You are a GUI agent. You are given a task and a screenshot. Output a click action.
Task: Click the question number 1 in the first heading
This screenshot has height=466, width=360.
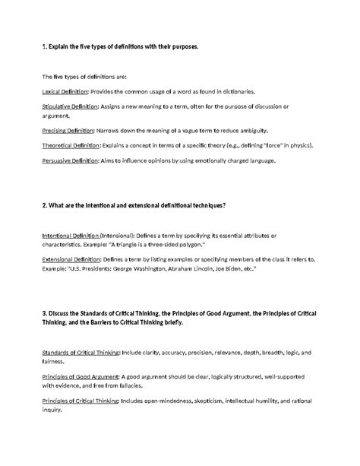tap(44, 47)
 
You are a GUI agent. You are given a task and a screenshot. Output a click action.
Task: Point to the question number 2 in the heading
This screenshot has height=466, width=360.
tap(44, 206)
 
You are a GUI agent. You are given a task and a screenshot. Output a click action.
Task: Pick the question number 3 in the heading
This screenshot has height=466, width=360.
tap(44, 313)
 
